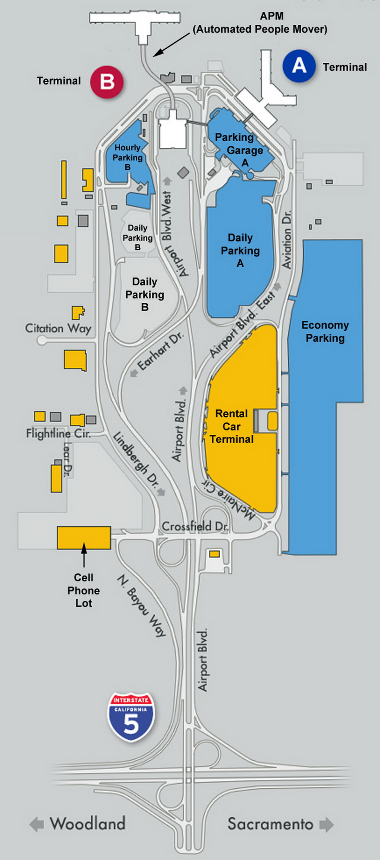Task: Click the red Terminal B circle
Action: (107, 82)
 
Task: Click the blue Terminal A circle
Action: (299, 66)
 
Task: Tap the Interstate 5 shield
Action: (131, 717)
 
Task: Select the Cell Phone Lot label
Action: (84, 590)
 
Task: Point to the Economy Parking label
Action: (325, 331)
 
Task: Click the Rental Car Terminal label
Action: (232, 426)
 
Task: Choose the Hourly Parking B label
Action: (128, 158)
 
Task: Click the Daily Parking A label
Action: (240, 250)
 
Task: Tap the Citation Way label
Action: (58, 328)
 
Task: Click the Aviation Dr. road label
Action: (287, 240)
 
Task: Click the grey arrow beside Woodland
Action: (37, 824)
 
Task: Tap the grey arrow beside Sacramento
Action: (326, 824)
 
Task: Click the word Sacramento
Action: (271, 824)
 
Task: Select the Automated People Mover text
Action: (260, 29)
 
